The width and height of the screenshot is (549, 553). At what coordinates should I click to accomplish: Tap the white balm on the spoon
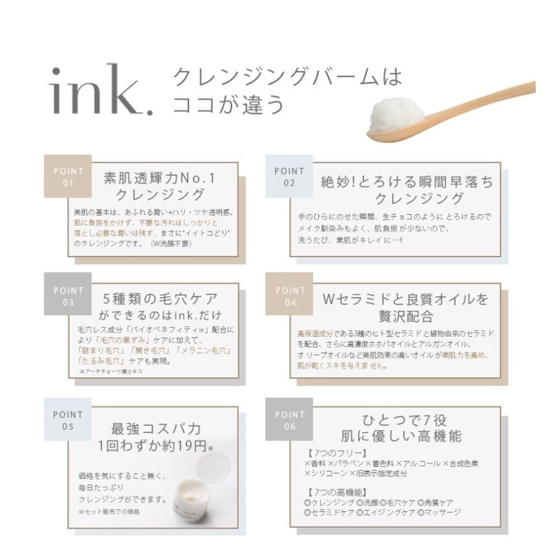pos(397,113)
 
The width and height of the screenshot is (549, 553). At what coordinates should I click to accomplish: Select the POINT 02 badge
pos(289,176)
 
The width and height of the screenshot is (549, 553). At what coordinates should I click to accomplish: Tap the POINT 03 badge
pos(68,296)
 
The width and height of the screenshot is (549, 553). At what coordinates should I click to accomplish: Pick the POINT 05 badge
pos(68,421)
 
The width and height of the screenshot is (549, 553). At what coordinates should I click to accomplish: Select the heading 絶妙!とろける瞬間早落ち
pos(406,182)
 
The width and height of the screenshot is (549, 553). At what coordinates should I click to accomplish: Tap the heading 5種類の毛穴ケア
pos(160,299)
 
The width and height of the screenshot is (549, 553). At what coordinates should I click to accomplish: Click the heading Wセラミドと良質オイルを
pos(405,299)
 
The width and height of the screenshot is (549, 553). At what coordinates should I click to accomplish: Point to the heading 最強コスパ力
pos(156,429)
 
